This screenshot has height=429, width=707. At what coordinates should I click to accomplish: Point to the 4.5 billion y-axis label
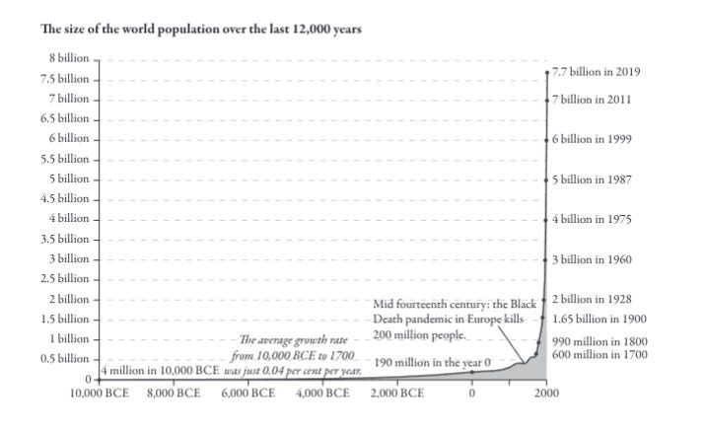tap(63, 198)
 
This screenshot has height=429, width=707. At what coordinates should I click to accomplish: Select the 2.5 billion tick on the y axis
tap(63, 278)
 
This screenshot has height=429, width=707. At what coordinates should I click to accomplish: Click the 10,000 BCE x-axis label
tap(104, 393)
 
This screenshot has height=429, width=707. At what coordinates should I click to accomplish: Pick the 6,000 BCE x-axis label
tap(248, 393)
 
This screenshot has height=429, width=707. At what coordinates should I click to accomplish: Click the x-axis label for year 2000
tap(547, 393)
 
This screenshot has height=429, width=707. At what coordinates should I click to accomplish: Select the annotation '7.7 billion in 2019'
tap(597, 72)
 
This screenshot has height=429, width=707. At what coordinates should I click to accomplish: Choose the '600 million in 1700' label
tap(600, 354)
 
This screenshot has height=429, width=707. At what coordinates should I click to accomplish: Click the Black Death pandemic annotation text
tap(455, 320)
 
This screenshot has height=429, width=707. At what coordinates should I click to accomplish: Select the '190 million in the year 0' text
tap(432, 363)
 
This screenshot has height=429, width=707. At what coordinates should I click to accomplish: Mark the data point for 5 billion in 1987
tap(546, 179)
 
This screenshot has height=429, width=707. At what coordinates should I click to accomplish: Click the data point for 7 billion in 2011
tap(546, 100)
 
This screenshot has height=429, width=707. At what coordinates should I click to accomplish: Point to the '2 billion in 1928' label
tap(593, 299)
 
